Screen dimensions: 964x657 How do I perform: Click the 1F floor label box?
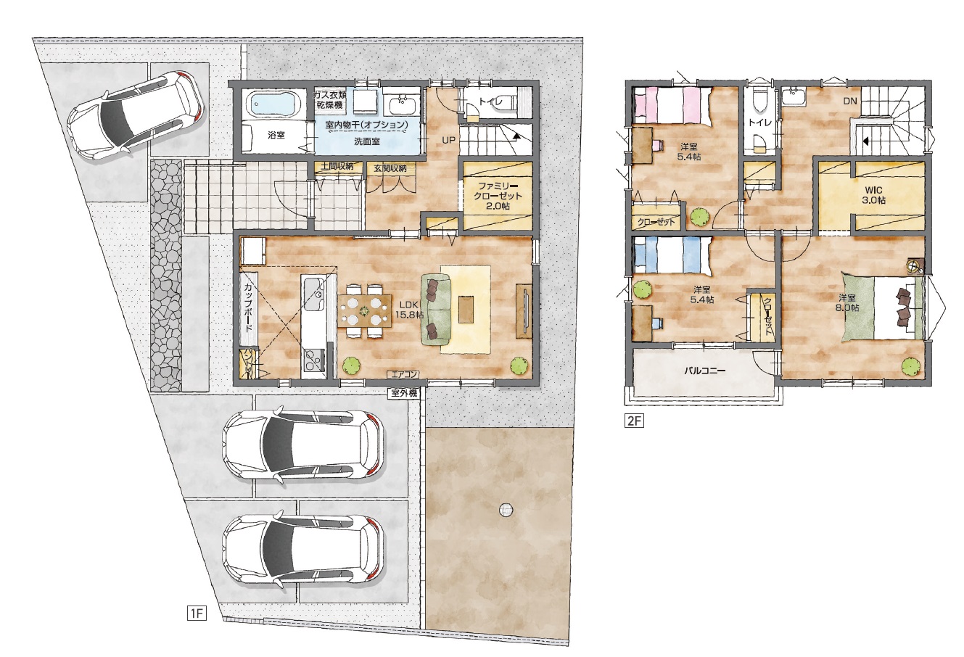click(197, 613)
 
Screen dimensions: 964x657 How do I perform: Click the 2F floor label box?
click(634, 421)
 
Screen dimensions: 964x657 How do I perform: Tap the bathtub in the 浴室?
click(273, 106)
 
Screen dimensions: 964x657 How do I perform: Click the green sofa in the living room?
click(435, 310)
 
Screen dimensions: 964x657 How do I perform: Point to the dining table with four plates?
click(365, 310)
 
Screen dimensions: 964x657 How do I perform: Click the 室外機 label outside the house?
click(405, 392)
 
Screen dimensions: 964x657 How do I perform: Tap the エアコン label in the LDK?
click(405, 374)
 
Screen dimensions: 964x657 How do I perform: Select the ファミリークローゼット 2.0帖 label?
click(498, 196)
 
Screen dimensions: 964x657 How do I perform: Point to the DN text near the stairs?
click(850, 101)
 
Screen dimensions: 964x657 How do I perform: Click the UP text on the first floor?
click(448, 140)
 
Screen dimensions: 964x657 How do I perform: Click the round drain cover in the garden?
click(506, 511)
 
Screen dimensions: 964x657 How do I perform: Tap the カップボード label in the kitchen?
click(248, 307)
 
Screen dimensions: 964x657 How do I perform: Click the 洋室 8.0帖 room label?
click(848, 302)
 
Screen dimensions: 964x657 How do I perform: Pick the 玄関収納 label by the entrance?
click(390, 168)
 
